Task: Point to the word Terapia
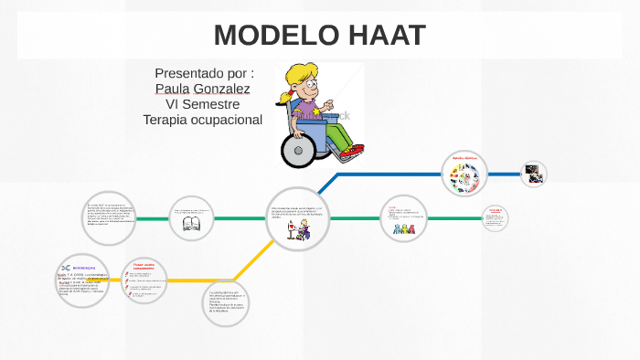point(168,120)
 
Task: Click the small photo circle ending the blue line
point(533,173)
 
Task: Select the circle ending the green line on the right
point(495,217)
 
